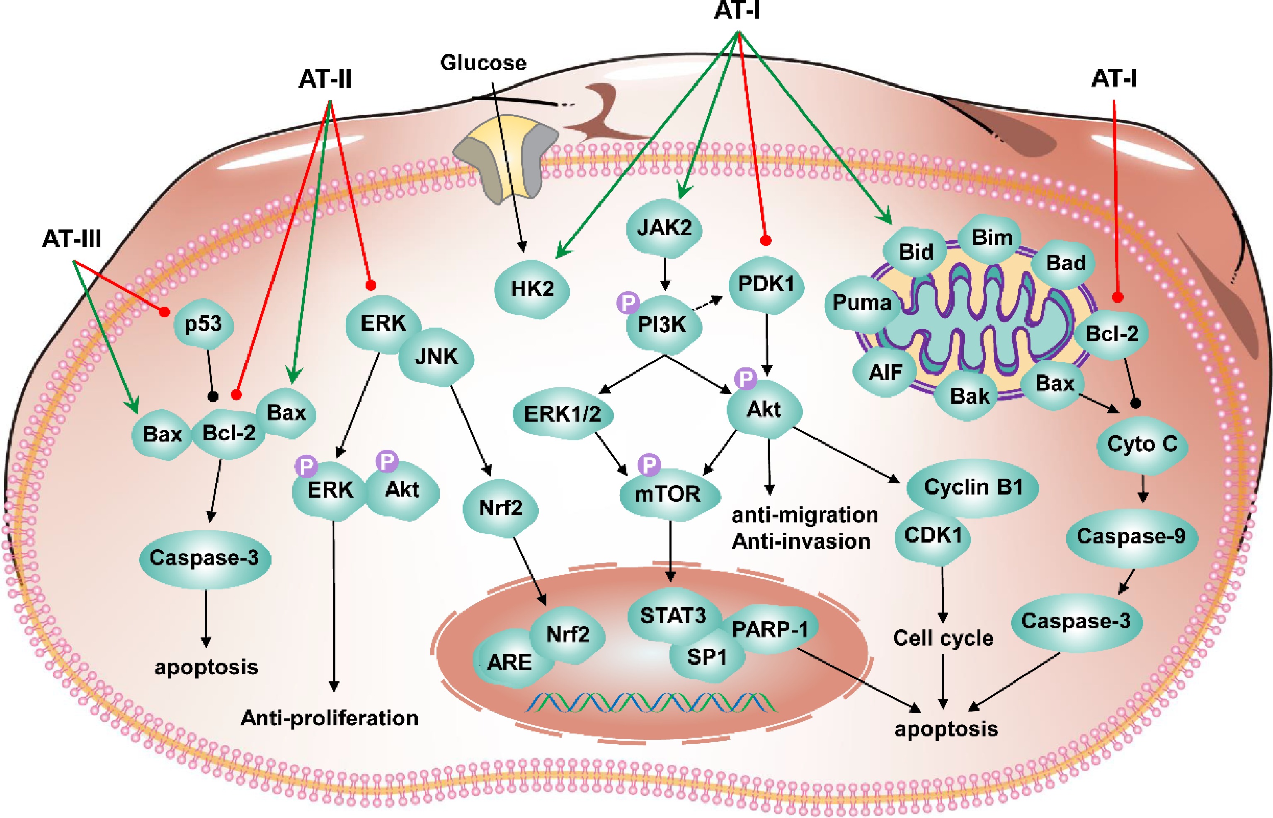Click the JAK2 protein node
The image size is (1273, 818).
pyautogui.click(x=664, y=228)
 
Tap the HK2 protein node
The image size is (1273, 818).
pyautogui.click(x=532, y=290)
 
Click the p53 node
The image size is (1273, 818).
pyautogui.click(x=204, y=324)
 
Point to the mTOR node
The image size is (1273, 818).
pyautogui.click(x=668, y=495)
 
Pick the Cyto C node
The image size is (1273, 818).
pyautogui.click(x=1142, y=444)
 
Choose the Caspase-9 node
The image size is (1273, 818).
pyautogui.click(x=1130, y=536)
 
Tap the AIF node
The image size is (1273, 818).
pyautogui.click(x=885, y=372)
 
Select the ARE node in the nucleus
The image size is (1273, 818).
pyautogui.click(x=509, y=662)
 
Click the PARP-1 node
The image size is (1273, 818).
pyautogui.click(x=770, y=630)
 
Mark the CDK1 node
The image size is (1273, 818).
pyautogui.click(x=933, y=536)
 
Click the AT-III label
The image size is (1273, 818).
pyautogui.click(x=72, y=239)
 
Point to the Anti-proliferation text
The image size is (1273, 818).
pyautogui.click(x=330, y=718)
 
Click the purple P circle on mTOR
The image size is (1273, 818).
pyautogui.click(x=650, y=465)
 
